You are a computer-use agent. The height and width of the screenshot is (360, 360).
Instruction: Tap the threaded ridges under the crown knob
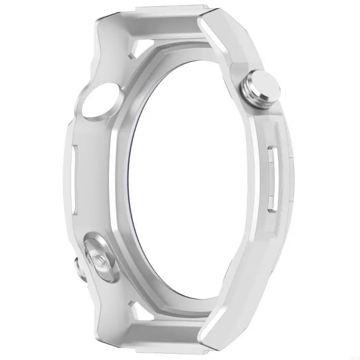(x=250, y=92)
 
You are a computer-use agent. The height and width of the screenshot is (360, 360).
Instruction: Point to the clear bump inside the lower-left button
(x=99, y=260)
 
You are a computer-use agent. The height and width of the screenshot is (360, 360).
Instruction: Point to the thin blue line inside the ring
(x=131, y=180)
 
